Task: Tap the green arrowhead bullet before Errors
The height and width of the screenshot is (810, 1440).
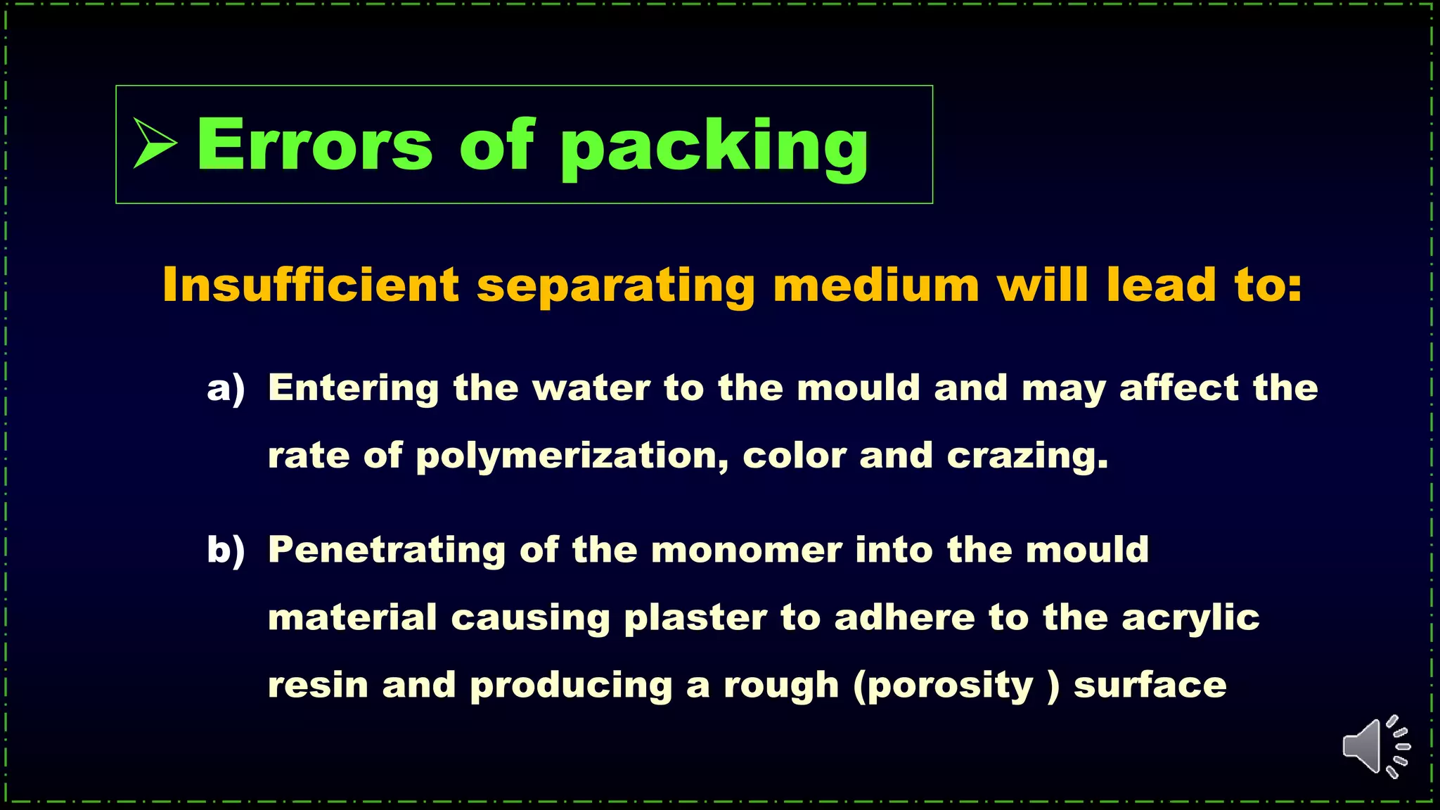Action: [154, 143]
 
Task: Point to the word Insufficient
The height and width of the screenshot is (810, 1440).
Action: [310, 285]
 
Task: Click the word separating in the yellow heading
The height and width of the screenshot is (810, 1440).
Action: [616, 286]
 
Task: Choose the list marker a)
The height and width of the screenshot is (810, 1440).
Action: [226, 389]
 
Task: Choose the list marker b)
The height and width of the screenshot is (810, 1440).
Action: [226, 551]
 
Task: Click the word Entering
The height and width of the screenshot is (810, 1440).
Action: [354, 389]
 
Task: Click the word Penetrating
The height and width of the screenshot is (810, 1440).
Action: [387, 551]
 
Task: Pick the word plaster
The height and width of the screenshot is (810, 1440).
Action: [695, 619]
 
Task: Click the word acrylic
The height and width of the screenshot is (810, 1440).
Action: [1190, 619]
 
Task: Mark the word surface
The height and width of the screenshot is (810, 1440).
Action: [1150, 686]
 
